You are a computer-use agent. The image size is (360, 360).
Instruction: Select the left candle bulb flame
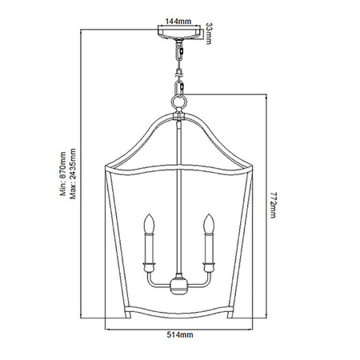coord(148,220)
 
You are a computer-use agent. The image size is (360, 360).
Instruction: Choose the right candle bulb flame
coord(210,220)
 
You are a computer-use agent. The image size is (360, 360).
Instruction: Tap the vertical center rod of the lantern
coord(179,200)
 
